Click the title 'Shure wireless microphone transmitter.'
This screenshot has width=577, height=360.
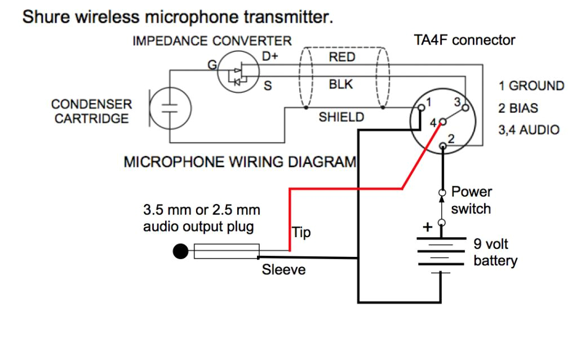tap(177, 16)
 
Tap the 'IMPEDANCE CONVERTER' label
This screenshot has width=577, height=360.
tap(212, 41)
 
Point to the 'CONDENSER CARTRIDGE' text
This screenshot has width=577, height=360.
tap(91, 112)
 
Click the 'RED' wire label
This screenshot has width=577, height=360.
tap(342, 57)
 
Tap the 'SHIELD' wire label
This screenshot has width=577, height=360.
tap(341, 117)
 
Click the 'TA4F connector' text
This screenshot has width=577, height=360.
tap(464, 40)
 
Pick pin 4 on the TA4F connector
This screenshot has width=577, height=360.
tap(443, 121)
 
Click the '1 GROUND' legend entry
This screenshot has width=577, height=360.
tap(531, 86)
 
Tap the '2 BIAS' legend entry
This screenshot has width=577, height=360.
tap(518, 108)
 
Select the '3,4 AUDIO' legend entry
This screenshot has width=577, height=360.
tap(529, 130)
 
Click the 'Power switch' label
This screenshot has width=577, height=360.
tap(471, 201)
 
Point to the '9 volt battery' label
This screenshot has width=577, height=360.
tap(495, 253)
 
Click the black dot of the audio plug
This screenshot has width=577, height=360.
tap(180, 251)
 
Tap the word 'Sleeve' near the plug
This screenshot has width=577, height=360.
tap(283, 270)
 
